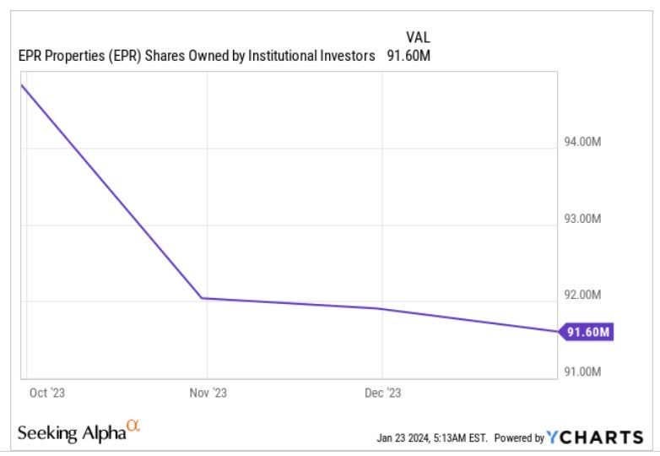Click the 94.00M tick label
coord(582,143)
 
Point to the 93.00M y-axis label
coord(582,219)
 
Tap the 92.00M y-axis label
coord(582,295)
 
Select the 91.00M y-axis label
coord(582,371)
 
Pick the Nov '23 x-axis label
coord(208,393)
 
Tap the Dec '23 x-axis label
coord(383,393)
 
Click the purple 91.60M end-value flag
coord(586,332)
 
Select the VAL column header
coord(419,37)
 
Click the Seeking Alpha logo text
coord(73,433)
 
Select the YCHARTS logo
coord(595,437)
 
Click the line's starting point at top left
coord(22,85)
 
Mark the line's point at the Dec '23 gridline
coord(382,308)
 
